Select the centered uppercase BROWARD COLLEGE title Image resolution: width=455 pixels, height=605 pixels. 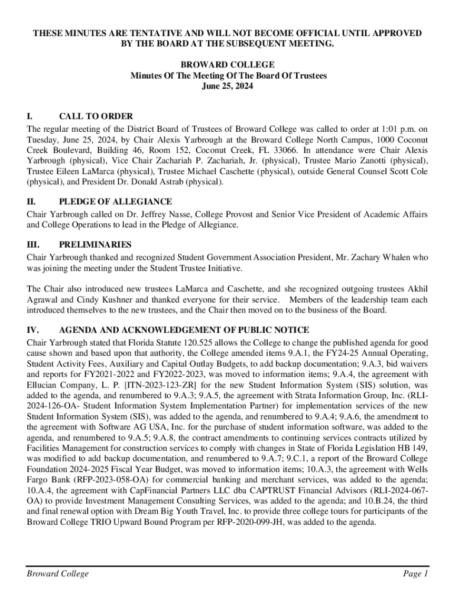[x=228, y=65]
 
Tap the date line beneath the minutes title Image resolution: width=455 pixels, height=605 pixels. [x=228, y=86]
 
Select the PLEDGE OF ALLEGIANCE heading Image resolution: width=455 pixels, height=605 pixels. [x=115, y=201]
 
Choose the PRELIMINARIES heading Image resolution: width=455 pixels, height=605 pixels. [x=95, y=244]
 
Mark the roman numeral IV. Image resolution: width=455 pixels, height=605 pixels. [x=33, y=330]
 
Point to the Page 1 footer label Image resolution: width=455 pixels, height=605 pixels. [x=415, y=574]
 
